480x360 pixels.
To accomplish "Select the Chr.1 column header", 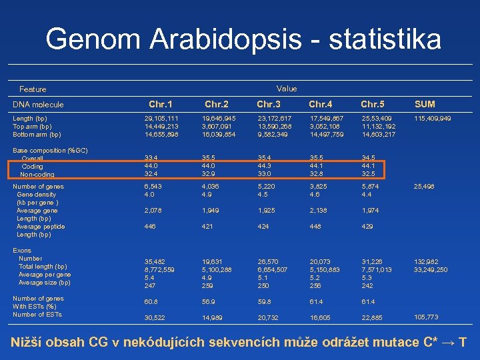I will [x=160, y=104].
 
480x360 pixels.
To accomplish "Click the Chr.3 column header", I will [x=269, y=104].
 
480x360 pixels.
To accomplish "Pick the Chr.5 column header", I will [x=373, y=104].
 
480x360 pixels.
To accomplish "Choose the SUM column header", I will [x=425, y=104].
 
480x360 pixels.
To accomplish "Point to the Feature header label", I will [x=33, y=89].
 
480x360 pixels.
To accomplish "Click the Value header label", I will [x=287, y=89].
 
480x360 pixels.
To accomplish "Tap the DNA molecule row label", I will [x=39, y=105].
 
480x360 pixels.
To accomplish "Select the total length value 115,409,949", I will [x=432, y=119].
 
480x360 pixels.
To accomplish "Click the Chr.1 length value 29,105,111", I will [x=161, y=119].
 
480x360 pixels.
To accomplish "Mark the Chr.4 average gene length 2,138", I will [x=319, y=211].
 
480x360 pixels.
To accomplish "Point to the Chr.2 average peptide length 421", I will [x=210, y=227].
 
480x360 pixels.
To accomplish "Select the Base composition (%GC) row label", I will [x=50, y=151].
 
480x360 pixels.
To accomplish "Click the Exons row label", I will [x=23, y=251].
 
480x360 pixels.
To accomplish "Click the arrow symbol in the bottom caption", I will [x=449, y=343].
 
